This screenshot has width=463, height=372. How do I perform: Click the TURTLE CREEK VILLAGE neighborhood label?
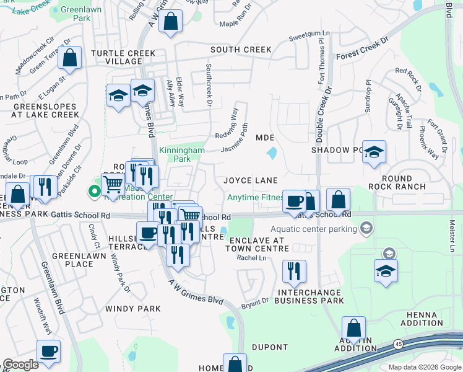pos(123,58)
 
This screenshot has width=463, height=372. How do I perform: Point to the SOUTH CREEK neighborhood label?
pos(241,50)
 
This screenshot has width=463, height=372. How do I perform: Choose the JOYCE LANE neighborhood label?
pos(250,180)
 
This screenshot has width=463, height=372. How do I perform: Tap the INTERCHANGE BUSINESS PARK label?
pos(309,296)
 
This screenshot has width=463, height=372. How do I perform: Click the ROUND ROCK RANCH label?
pos(396,182)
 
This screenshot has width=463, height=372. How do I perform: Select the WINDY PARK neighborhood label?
pos(133,308)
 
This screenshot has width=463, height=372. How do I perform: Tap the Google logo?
pos(20,365)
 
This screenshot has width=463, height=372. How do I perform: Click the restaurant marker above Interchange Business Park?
pos(293,272)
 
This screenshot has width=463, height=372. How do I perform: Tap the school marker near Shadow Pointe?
pos(374,153)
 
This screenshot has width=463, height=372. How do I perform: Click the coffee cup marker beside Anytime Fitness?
pos(294,201)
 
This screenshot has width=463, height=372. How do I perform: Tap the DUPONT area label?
pos(270,347)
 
